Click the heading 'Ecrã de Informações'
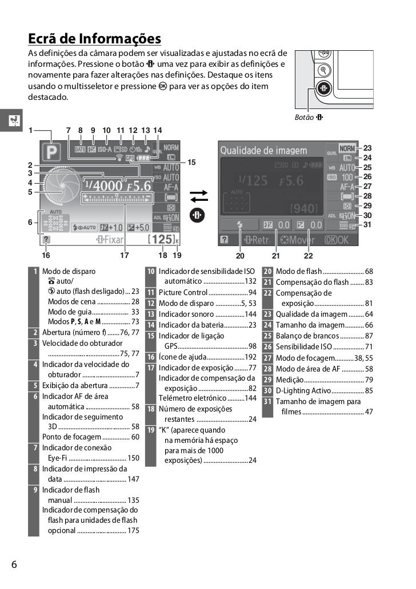coord(95,39)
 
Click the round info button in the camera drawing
coord(324,89)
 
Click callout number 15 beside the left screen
coord(192,162)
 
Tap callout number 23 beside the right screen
coord(367,147)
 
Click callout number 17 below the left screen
coord(125,256)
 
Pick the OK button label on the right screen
coord(336,240)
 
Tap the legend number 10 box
coord(151,271)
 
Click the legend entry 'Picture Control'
coord(183,292)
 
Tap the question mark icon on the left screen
coord(45,240)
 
